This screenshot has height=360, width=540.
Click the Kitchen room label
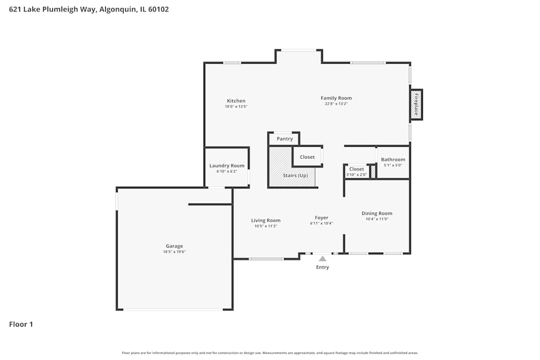[236, 101]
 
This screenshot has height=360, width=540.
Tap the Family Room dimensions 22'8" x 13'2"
[336, 104]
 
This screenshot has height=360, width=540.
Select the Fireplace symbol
[416, 104]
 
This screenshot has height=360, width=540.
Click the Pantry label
[285, 139]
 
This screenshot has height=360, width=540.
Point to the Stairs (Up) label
[295, 175]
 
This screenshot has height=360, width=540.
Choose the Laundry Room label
[227, 166]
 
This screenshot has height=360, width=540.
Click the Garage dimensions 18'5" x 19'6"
[174, 252]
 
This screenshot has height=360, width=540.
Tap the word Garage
[174, 246]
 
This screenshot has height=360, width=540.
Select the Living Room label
[266, 220]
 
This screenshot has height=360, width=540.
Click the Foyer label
[321, 218]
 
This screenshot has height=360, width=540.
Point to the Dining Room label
[377, 213]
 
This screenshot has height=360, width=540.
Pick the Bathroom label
[393, 160]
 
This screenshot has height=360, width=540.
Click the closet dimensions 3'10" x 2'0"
[356, 174]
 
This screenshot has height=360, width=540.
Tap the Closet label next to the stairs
[307, 157]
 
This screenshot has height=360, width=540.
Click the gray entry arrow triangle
[322, 259]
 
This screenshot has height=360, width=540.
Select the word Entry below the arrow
[322, 267]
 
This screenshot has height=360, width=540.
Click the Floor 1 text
[21, 324]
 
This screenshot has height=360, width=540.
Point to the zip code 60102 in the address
[157, 9]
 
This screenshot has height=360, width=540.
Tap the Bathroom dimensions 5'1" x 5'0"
[393, 165]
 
